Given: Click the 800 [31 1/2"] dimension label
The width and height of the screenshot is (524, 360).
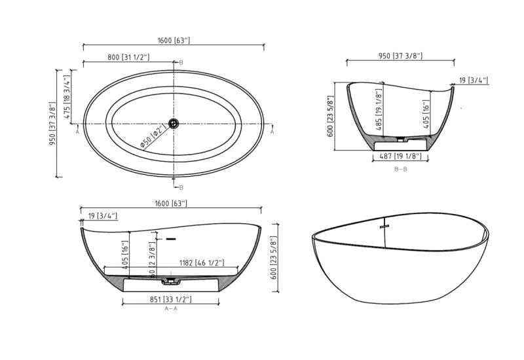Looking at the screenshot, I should (128, 58).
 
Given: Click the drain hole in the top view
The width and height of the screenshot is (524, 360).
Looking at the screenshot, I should (174, 123).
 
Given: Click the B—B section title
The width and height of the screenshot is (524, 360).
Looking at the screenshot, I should (401, 169).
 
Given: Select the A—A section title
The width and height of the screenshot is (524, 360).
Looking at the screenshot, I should (171, 308).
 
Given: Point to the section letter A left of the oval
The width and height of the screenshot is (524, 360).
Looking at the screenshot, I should (78, 131).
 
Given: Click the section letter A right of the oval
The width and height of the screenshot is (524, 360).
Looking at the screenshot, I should (272, 131).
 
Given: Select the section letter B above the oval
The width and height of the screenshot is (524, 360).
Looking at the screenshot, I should (181, 62).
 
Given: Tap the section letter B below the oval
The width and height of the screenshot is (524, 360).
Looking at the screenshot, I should (181, 187).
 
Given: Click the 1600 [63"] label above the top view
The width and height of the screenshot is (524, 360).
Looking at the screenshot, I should (174, 41).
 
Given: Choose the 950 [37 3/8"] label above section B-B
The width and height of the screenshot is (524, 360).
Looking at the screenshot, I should (400, 56).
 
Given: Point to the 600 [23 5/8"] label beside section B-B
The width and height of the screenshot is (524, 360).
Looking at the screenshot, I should (330, 115).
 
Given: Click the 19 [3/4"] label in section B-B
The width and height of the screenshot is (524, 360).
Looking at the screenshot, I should (473, 81).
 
